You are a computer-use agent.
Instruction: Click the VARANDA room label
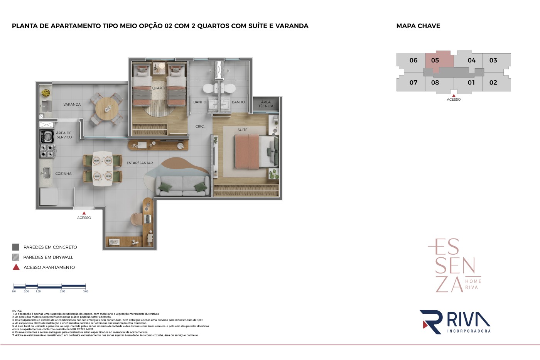pos(72,105)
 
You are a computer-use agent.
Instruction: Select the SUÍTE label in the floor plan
pos(243,130)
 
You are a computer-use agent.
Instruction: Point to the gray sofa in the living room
pos(182,185)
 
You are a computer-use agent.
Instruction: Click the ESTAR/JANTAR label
pos(140,163)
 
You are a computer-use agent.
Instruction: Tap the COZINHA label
pos(63,174)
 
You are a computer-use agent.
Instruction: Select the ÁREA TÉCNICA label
pos(266,104)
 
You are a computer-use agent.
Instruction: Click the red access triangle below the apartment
pos(84,213)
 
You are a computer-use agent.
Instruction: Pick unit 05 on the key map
pos(435,60)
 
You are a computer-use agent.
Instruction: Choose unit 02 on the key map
pos(493,83)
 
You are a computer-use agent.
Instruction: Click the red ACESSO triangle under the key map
pos(454,95)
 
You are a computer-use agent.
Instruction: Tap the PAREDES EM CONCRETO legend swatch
pos(16,247)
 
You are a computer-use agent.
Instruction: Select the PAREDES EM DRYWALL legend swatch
pos(16,257)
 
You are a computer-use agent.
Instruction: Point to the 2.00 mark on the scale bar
pos(62,287)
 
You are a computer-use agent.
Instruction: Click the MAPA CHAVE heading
pos(418,26)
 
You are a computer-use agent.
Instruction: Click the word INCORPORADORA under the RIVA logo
pos(469,331)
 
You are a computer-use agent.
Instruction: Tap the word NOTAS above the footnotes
pos(17,311)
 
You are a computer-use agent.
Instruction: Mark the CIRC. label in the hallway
pos(200,126)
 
